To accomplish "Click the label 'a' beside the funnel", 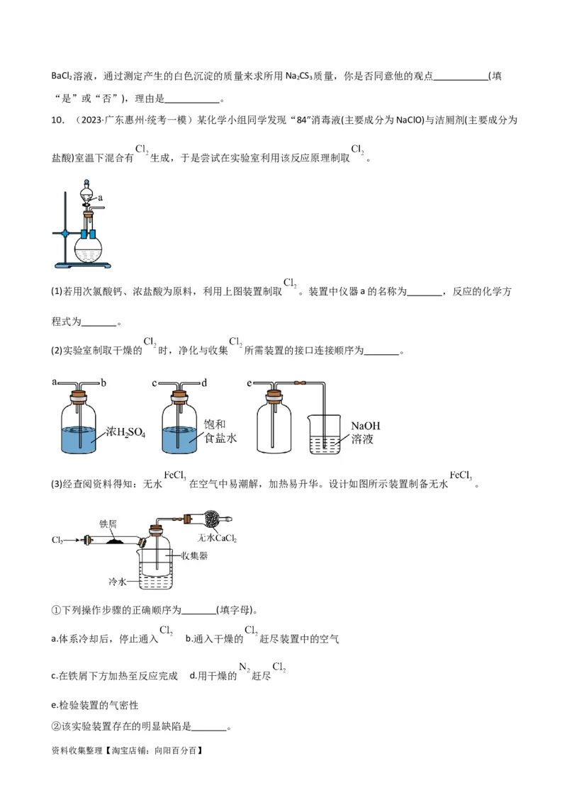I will pos(101,198).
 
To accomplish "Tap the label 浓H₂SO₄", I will pos(125,431).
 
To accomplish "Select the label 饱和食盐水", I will pos(220,431).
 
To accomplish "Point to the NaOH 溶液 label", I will pos(366,432).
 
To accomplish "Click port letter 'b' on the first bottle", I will pos(103,383).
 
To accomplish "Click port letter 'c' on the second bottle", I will pos(155,383).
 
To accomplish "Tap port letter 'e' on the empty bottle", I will pos(249,383).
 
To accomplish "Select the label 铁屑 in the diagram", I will pos(108,524).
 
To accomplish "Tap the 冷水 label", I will pos(117,582).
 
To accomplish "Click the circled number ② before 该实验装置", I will pos(56,727).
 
